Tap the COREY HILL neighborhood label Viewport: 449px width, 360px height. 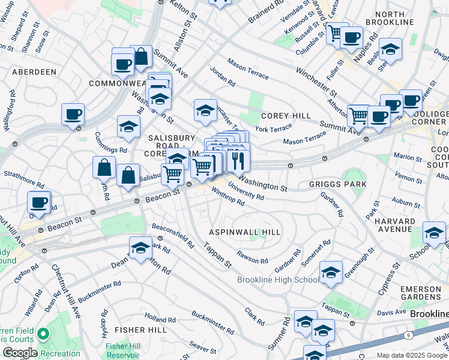pos(285,116)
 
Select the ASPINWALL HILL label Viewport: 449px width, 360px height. pos(244,232)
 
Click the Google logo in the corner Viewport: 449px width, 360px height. pos(20,353)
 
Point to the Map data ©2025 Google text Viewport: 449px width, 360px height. pos(412,355)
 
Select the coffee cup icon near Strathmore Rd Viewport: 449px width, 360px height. pos(39,202)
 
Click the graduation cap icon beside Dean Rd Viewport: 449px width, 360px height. pos(140,248)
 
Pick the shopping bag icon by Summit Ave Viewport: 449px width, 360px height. pos(141,57)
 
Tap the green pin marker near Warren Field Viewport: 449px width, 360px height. pos(43,333)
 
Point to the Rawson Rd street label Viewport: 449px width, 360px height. pos(253,258)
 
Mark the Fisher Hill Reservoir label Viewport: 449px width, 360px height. pos(122,350)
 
